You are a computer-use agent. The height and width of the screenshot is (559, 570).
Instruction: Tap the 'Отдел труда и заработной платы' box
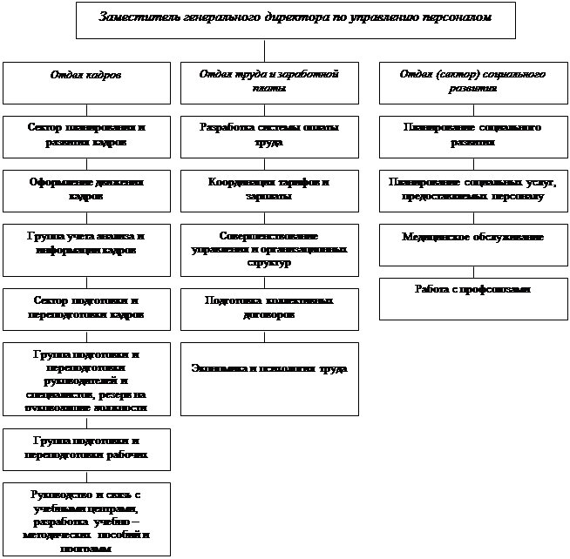(268, 83)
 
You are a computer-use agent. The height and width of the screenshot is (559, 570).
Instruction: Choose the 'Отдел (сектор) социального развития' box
(473, 83)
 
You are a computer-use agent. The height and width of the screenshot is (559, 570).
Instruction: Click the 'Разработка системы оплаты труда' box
(268, 136)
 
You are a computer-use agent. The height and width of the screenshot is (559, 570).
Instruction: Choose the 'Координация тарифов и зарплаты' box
(268, 191)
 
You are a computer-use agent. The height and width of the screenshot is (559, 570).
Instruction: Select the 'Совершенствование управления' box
(268, 249)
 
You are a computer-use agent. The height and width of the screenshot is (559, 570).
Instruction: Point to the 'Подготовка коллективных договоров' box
(268, 308)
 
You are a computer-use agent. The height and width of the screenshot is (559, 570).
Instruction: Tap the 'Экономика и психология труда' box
(268, 378)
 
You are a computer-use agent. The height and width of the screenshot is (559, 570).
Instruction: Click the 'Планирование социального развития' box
(473, 136)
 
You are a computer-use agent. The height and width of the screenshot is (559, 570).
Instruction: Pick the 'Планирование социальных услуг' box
(473, 191)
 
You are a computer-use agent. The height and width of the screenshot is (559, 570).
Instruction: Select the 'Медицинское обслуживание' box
(473, 245)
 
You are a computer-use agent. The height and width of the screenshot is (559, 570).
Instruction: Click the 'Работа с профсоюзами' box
(473, 299)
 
